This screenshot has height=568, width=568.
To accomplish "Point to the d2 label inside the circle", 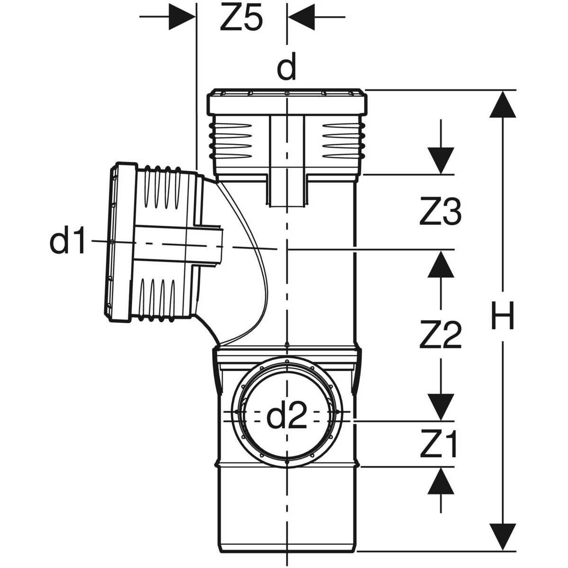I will click(287, 417).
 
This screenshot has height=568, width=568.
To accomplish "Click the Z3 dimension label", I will click(440, 213).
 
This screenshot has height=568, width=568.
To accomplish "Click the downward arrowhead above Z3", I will click(441, 161).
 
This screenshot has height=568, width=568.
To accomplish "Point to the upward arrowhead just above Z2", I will click(441, 263).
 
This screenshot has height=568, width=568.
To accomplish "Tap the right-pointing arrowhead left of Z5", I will click(182, 18).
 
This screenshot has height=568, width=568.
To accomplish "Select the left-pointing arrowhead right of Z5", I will click(300, 18).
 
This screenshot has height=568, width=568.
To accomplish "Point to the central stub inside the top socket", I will click(287, 161).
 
